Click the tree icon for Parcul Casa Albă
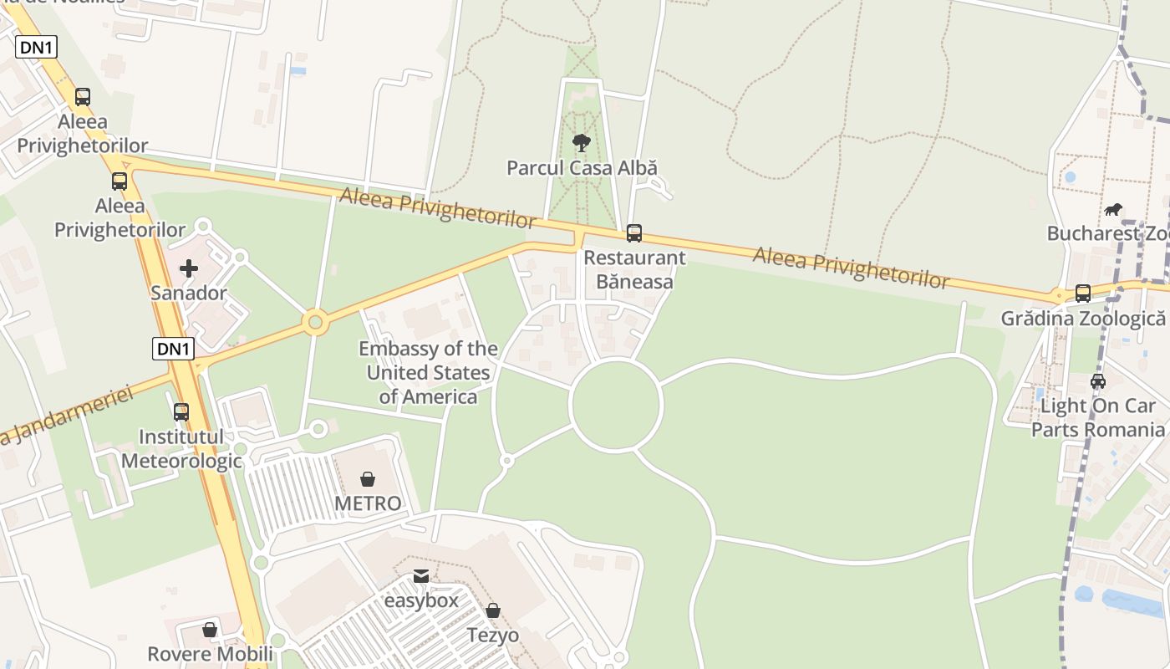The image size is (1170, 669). click(x=582, y=143)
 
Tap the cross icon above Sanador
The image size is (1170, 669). click(x=189, y=268)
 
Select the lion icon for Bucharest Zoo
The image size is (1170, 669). click(x=1113, y=209)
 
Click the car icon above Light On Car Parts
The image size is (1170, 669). click(x=1098, y=381)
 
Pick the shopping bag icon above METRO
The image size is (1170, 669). click(x=367, y=479)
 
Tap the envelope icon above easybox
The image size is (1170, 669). click(x=421, y=576)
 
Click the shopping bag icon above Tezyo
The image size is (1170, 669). click(x=493, y=611)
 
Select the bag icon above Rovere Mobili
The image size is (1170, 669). click(x=210, y=629)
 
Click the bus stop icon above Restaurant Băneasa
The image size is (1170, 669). click(x=634, y=233)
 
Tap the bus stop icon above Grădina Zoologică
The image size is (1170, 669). click(x=1083, y=294)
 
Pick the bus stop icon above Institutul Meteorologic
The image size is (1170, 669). click(x=181, y=412)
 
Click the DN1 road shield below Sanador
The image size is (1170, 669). click(x=173, y=349)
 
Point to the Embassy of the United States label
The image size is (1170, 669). click(x=428, y=373)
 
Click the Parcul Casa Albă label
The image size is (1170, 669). click(x=582, y=168)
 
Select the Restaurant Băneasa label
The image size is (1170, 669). click(x=634, y=269)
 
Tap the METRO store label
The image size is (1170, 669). click(x=368, y=503)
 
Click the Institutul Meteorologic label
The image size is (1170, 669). click(x=181, y=449)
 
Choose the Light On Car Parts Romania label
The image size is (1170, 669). click(x=1097, y=418)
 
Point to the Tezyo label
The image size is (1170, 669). click(x=493, y=636)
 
